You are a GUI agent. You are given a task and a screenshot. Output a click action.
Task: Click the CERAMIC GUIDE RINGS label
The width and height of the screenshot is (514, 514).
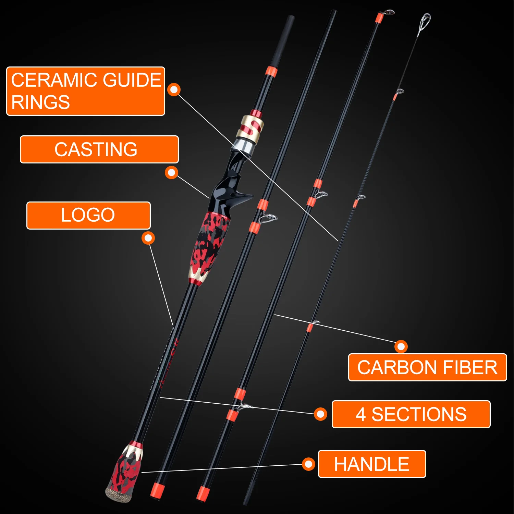[x=86, y=91]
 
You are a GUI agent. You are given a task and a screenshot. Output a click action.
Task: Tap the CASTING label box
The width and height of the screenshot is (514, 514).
[x=99, y=149]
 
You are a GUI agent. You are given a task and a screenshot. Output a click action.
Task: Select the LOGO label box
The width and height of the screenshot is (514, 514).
[x=88, y=215]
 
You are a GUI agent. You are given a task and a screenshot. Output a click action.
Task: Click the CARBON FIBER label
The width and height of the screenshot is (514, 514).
[x=427, y=367]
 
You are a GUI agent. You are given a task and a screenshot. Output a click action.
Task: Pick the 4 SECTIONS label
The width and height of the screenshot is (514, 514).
[x=411, y=414]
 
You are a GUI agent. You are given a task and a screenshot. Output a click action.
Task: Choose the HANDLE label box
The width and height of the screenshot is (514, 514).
[x=372, y=464]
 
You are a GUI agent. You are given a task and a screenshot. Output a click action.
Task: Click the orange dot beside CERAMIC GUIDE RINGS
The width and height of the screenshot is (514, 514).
[x=174, y=89]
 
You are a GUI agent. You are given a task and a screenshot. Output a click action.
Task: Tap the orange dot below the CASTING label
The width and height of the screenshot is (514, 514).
[x=171, y=172]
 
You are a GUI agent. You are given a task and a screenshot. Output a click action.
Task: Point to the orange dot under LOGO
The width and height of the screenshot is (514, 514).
[x=148, y=238]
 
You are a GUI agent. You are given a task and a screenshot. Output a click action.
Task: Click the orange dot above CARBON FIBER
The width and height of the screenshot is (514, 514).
[x=401, y=346]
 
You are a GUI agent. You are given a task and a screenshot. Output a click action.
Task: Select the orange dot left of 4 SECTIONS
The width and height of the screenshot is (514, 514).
[x=320, y=414]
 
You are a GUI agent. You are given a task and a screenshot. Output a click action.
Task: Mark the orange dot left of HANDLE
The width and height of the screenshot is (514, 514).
[x=308, y=464]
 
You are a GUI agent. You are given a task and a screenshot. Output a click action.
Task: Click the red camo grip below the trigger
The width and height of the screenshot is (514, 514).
[x=209, y=243]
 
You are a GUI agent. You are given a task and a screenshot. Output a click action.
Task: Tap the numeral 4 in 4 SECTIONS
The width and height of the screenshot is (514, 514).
[x=360, y=414]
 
